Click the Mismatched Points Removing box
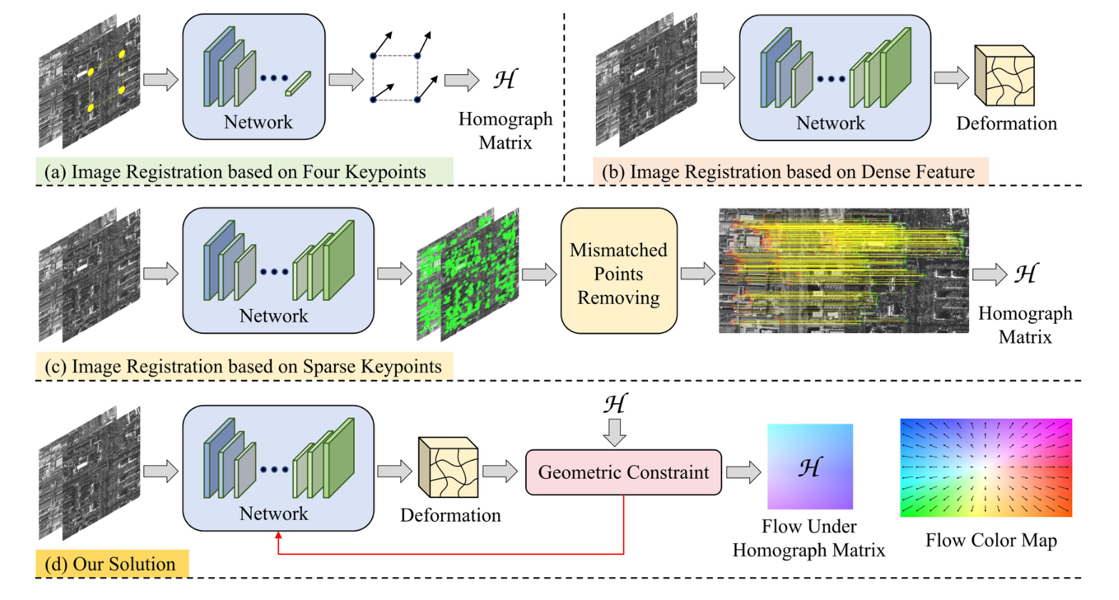pos(619,271)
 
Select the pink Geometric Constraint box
pos(623,472)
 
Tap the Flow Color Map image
pos(986,467)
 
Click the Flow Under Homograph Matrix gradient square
pos(810,467)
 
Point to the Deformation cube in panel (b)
pos(1005,76)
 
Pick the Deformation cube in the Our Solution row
pos(448,467)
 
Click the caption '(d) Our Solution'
pos(111,564)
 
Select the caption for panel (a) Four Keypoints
pos(236,172)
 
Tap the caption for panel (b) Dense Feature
pos(789,172)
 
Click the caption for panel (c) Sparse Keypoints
pos(243,367)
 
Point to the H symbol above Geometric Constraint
pos(615,404)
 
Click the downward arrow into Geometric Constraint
pos(614,432)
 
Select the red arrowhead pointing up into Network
pos(278,537)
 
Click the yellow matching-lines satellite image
pos(844,270)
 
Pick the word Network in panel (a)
pos(258,122)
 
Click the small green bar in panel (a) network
pos(298,83)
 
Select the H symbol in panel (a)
pos(505,79)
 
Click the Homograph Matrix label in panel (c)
pos(1025,325)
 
